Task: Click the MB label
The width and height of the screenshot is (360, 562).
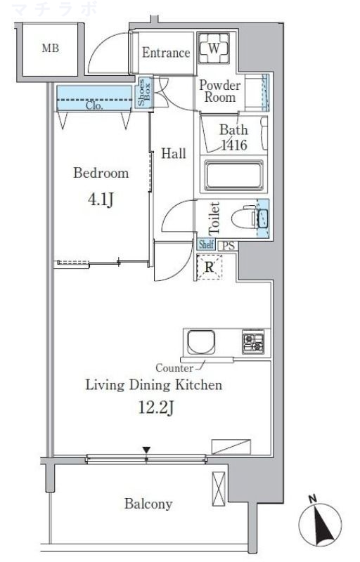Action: (50, 48)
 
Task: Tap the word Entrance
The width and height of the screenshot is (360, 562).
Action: (166, 53)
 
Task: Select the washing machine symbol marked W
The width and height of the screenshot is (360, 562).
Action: (214, 48)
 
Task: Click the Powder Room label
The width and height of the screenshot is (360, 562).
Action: (219, 91)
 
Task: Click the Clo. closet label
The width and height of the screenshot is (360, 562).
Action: (94, 106)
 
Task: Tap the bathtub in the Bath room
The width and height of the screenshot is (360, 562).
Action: (233, 175)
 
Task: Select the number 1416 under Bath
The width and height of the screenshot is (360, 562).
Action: (234, 145)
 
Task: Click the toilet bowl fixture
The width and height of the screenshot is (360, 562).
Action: (244, 216)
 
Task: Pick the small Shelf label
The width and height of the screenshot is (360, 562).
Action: (206, 244)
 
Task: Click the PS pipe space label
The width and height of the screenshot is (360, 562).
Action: (229, 246)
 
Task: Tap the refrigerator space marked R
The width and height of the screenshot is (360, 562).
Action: (209, 267)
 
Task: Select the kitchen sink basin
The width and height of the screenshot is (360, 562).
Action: (202, 342)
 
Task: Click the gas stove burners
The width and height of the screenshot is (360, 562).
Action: (253, 342)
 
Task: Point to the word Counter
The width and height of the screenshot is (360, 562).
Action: (174, 368)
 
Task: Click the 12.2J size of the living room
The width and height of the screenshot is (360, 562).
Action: (156, 407)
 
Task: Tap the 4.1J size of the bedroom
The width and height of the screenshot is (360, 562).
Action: (101, 200)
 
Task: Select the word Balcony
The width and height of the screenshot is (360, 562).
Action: (148, 504)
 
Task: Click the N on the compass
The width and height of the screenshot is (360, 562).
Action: (313, 499)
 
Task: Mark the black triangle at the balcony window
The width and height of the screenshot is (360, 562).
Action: (146, 450)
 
